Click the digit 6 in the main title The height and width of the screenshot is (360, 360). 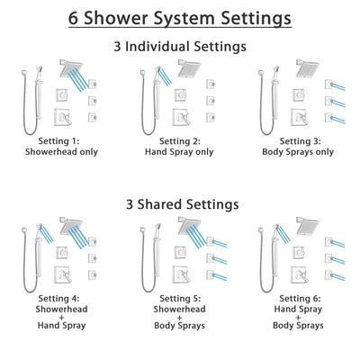tap(73, 18)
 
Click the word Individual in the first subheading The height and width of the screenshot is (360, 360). tap(176, 45)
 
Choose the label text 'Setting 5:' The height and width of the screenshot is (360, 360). tap(180, 301)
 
